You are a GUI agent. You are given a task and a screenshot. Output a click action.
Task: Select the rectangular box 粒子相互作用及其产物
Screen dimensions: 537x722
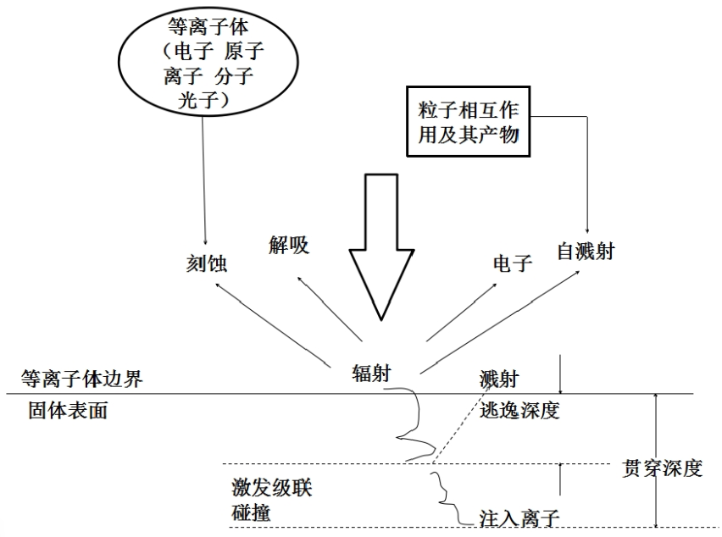tap(468, 121)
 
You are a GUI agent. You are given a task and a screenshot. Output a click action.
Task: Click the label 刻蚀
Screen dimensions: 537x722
tap(207, 265)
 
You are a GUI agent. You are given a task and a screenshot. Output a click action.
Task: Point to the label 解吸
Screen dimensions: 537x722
tap(290, 246)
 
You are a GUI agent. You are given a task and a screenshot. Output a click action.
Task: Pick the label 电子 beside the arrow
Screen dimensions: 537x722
tap(513, 263)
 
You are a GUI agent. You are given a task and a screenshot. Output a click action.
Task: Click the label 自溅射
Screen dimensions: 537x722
tap(586, 251)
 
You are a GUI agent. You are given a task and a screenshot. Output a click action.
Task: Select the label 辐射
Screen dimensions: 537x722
tap(372, 373)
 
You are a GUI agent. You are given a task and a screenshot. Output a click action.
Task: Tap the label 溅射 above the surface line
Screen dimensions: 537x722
tap(498, 379)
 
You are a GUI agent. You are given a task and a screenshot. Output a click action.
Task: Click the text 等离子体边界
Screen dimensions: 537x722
tap(82, 379)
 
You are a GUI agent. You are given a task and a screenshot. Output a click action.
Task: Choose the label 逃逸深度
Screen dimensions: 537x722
tap(519, 411)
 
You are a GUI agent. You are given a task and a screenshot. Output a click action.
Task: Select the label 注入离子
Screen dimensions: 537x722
tap(519, 515)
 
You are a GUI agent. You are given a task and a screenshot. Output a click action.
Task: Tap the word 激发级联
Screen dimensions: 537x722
tap(271, 489)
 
